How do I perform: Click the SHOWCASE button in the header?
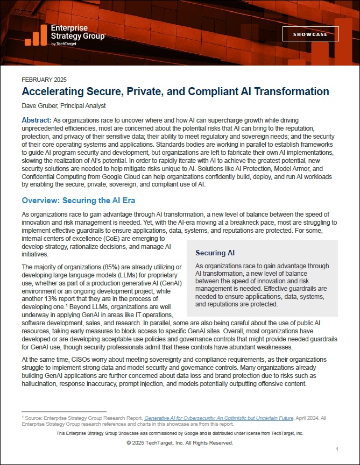pyautogui.click(x=310, y=34)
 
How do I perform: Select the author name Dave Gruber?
pyautogui.click(x=40, y=106)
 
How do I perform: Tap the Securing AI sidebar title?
pyautogui.click(x=215, y=253)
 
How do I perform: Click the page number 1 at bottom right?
pyautogui.click(x=336, y=449)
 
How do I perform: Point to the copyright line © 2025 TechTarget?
pyautogui.click(x=180, y=443)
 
